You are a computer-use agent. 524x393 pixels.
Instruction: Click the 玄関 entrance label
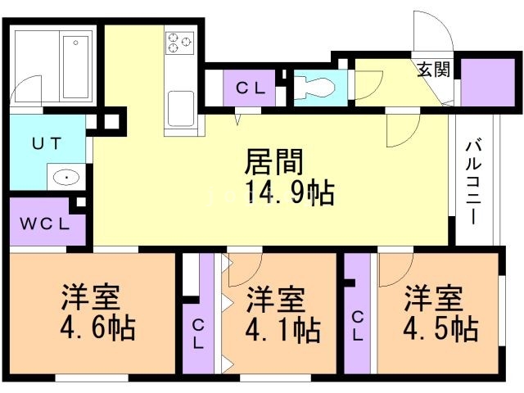433,70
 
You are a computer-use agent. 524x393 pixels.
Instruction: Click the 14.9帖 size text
288,192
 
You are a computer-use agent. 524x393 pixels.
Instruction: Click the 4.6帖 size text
97,329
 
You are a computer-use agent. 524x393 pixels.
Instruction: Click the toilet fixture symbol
315,85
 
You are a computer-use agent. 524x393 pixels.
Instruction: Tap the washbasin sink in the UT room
62,177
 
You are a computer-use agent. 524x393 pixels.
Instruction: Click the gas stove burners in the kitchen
178,41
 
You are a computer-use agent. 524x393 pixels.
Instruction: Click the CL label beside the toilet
250,88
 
